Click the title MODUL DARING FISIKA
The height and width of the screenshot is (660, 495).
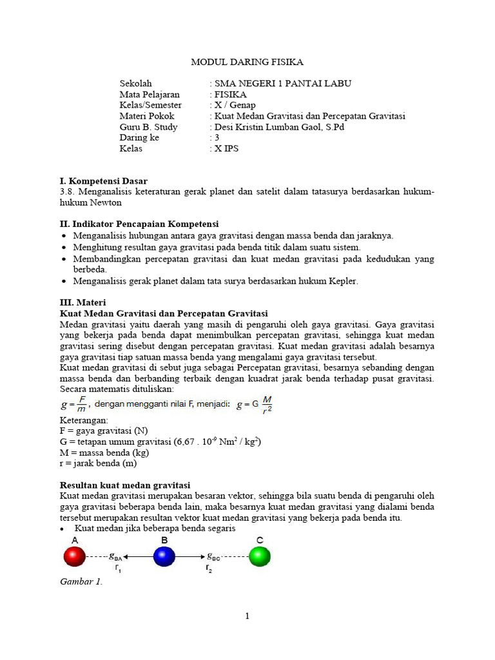[x=247, y=62]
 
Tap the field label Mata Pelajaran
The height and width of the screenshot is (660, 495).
[x=149, y=94]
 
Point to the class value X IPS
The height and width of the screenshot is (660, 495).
[x=226, y=149]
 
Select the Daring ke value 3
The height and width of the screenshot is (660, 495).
[x=217, y=138]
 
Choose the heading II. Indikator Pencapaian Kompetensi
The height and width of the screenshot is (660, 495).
[x=139, y=224]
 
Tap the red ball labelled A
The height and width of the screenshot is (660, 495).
[x=74, y=556]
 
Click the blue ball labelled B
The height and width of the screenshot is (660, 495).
[x=164, y=556]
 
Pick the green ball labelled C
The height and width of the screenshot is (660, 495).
[x=259, y=556]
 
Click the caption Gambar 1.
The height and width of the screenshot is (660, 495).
[x=81, y=582]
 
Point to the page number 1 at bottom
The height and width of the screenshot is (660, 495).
[x=247, y=616]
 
